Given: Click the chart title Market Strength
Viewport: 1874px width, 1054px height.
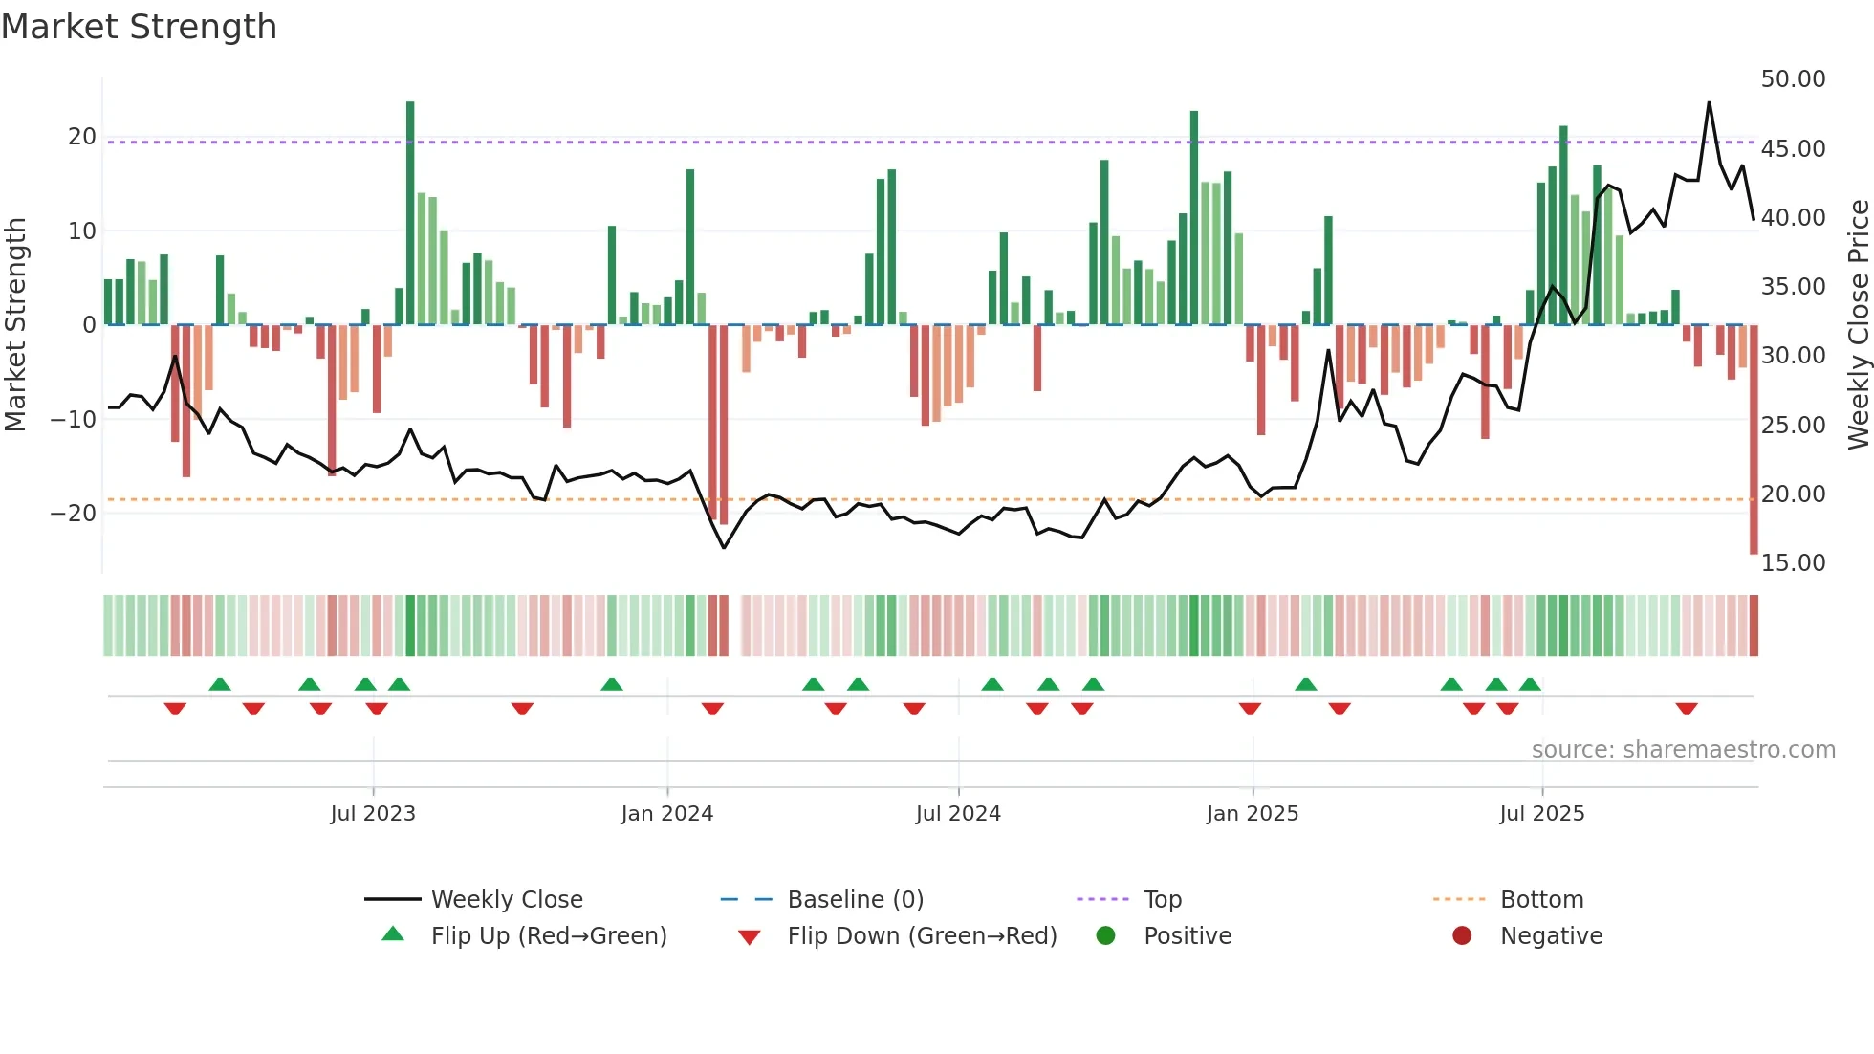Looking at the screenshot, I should coord(139,27).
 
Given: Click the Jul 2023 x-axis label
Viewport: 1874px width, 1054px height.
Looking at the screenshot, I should coord(373,813).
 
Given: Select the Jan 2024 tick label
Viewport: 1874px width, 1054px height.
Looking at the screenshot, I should coord(666,813).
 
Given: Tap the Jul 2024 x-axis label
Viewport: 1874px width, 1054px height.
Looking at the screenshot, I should coord(958,813).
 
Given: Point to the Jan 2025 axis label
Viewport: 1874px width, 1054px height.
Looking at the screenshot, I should coord(1253,813).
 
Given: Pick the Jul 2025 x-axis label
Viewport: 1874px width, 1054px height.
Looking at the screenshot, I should coord(1541,813).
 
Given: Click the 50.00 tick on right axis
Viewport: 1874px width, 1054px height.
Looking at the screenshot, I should coord(1793,79).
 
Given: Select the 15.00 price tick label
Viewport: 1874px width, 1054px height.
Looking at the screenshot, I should coord(1793,562).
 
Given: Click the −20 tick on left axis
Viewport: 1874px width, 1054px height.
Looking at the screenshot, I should coord(74,513).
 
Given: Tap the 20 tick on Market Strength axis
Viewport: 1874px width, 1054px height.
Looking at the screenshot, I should coord(82,137).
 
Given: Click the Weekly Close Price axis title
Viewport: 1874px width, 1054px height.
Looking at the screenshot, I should coord(1858,325).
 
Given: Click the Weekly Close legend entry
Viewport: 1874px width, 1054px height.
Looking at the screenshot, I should coord(506,899).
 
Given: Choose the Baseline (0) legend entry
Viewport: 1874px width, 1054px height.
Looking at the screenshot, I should coord(855,899).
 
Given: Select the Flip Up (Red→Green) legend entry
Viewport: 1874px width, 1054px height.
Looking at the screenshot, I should coord(548,935).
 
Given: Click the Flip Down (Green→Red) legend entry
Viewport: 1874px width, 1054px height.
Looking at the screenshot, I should coord(922,935).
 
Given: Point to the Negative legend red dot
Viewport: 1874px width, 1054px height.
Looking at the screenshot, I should coord(1462,935).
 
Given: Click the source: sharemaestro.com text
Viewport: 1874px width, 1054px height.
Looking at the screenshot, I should coord(1683,749).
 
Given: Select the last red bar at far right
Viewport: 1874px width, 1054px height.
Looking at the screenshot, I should coord(1754,440).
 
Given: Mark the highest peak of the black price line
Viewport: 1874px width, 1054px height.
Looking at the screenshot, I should coord(1709,102).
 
